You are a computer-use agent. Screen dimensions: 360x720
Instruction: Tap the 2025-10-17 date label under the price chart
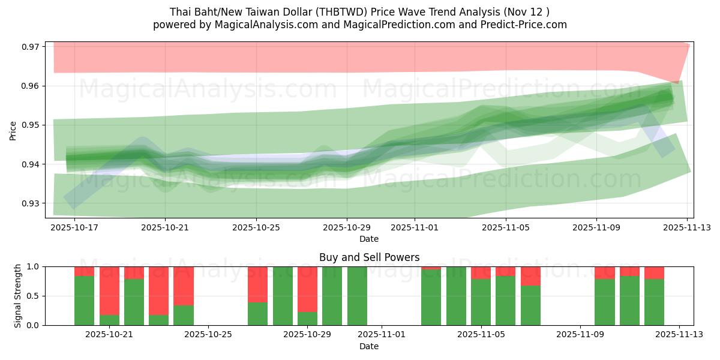click(x=74, y=228)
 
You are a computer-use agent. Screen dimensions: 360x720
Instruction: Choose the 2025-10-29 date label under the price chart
click(x=347, y=228)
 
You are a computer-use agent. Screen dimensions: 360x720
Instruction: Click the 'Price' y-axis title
click(x=13, y=130)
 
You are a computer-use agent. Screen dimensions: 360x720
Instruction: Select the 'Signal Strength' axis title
click(x=18, y=296)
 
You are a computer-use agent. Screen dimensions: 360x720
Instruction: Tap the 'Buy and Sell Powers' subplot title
click(x=369, y=257)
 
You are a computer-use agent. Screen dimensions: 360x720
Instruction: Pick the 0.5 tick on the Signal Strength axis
click(x=33, y=296)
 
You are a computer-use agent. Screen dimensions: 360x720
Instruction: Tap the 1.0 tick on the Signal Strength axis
click(x=33, y=266)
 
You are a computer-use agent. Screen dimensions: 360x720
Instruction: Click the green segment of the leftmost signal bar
click(x=84, y=301)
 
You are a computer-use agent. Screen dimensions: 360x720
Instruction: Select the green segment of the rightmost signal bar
click(x=654, y=302)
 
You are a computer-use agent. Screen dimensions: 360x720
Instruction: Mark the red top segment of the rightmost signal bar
click(x=654, y=272)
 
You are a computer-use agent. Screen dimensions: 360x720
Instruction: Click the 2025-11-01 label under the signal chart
click(x=382, y=334)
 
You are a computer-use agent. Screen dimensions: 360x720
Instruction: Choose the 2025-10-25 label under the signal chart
click(x=208, y=334)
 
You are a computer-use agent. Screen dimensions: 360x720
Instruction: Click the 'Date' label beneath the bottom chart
click(x=369, y=346)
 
